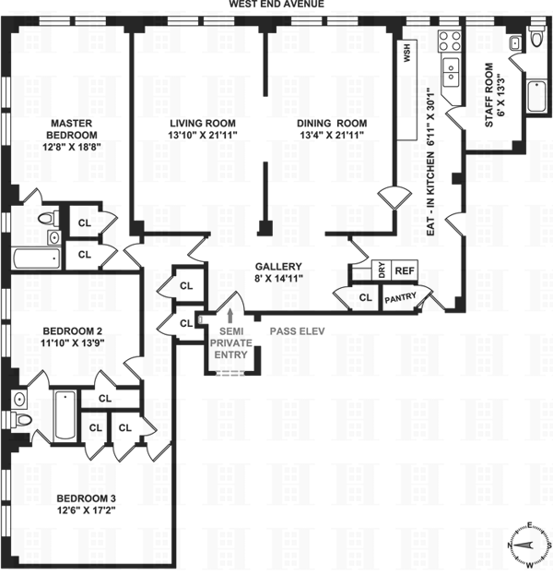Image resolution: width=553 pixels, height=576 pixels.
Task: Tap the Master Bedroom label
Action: (69, 128)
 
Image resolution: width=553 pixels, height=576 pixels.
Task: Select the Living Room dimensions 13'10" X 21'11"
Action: (201, 136)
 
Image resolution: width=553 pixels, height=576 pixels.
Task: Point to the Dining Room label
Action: (331, 123)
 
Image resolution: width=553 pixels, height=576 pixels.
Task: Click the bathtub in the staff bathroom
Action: (537, 96)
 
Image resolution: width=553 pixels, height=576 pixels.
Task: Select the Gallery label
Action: (278, 266)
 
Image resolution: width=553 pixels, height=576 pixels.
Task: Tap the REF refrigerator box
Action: (404, 270)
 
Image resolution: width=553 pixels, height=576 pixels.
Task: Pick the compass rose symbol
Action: (528, 544)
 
